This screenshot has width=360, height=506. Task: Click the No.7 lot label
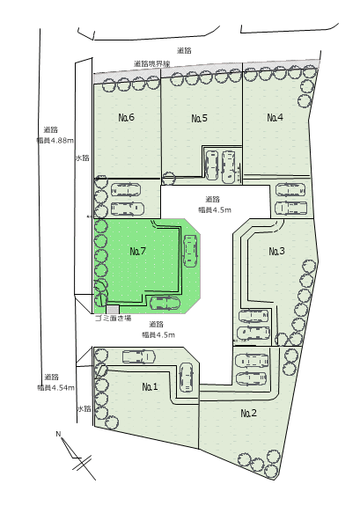(138, 251)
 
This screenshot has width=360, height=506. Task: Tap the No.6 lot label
(126, 117)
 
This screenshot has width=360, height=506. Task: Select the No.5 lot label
(200, 118)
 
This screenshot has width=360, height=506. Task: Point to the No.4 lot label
(276, 117)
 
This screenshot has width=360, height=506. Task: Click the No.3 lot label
(277, 251)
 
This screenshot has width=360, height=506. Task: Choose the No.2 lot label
(249, 413)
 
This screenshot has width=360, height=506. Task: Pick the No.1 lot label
(151, 386)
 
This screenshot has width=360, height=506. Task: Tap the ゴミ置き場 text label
(113, 319)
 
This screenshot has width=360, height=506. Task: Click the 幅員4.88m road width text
(55, 141)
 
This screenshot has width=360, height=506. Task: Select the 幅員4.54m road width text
(55, 387)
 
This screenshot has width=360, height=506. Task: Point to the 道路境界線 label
(151, 63)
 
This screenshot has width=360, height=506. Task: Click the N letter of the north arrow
(58, 434)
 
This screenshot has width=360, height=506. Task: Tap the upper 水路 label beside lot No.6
(83, 158)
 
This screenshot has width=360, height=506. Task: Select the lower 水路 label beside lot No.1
(84, 409)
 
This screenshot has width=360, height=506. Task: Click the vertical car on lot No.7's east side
(189, 251)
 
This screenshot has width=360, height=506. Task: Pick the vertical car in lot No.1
(186, 378)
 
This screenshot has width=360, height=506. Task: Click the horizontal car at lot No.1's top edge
(139, 357)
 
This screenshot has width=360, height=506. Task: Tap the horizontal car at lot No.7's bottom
(165, 303)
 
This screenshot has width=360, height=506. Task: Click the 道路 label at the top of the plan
(184, 50)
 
